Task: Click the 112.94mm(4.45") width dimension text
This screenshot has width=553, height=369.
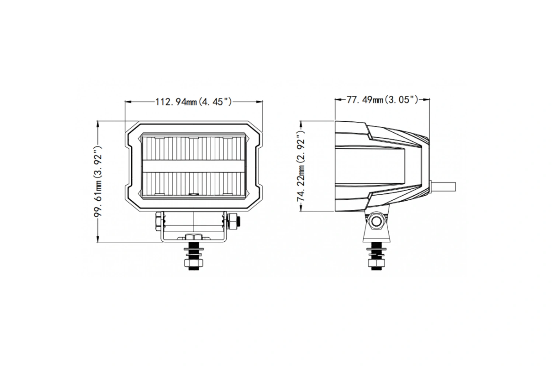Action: click(193, 101)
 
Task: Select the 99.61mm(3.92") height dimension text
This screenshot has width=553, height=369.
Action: click(98, 182)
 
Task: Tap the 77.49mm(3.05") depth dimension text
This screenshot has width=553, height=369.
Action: click(382, 100)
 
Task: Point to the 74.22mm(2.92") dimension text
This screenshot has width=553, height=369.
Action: click(301, 166)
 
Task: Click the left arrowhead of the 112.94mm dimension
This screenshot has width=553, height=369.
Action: click(128, 101)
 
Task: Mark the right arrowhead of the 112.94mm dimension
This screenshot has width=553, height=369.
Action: click(260, 101)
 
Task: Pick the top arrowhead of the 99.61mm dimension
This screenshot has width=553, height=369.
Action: click(98, 124)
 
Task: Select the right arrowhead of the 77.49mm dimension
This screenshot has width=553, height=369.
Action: click(426, 100)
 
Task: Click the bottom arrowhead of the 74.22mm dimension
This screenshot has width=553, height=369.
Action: click(301, 208)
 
